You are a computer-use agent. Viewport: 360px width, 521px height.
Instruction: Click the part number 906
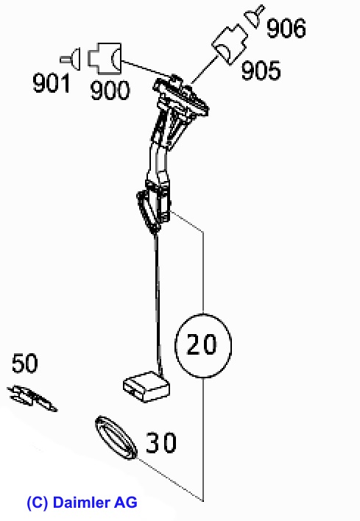[286, 28]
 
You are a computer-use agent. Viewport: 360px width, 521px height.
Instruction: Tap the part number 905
[261, 71]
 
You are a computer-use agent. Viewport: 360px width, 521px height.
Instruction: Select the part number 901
[52, 83]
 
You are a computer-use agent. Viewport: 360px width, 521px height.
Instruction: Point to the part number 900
[110, 90]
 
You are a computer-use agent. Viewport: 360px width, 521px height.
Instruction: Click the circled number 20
[202, 345]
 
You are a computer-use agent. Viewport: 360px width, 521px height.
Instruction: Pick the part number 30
[161, 442]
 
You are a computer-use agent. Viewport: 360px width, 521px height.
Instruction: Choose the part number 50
[25, 364]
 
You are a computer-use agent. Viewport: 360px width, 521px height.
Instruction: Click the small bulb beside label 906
[254, 16]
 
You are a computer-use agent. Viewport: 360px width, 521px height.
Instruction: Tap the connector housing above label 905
[230, 44]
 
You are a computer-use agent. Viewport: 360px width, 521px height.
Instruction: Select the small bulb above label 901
[71, 60]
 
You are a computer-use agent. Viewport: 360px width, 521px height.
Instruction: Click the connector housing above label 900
[105, 58]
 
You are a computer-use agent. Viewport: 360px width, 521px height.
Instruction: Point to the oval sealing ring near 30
[116, 438]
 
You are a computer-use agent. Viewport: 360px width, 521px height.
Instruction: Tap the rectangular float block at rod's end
[147, 387]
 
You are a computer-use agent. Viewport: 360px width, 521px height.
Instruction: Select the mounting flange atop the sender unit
[181, 97]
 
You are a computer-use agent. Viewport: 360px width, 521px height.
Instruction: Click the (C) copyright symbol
[38, 503]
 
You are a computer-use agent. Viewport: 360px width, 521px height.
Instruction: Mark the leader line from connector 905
[205, 70]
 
